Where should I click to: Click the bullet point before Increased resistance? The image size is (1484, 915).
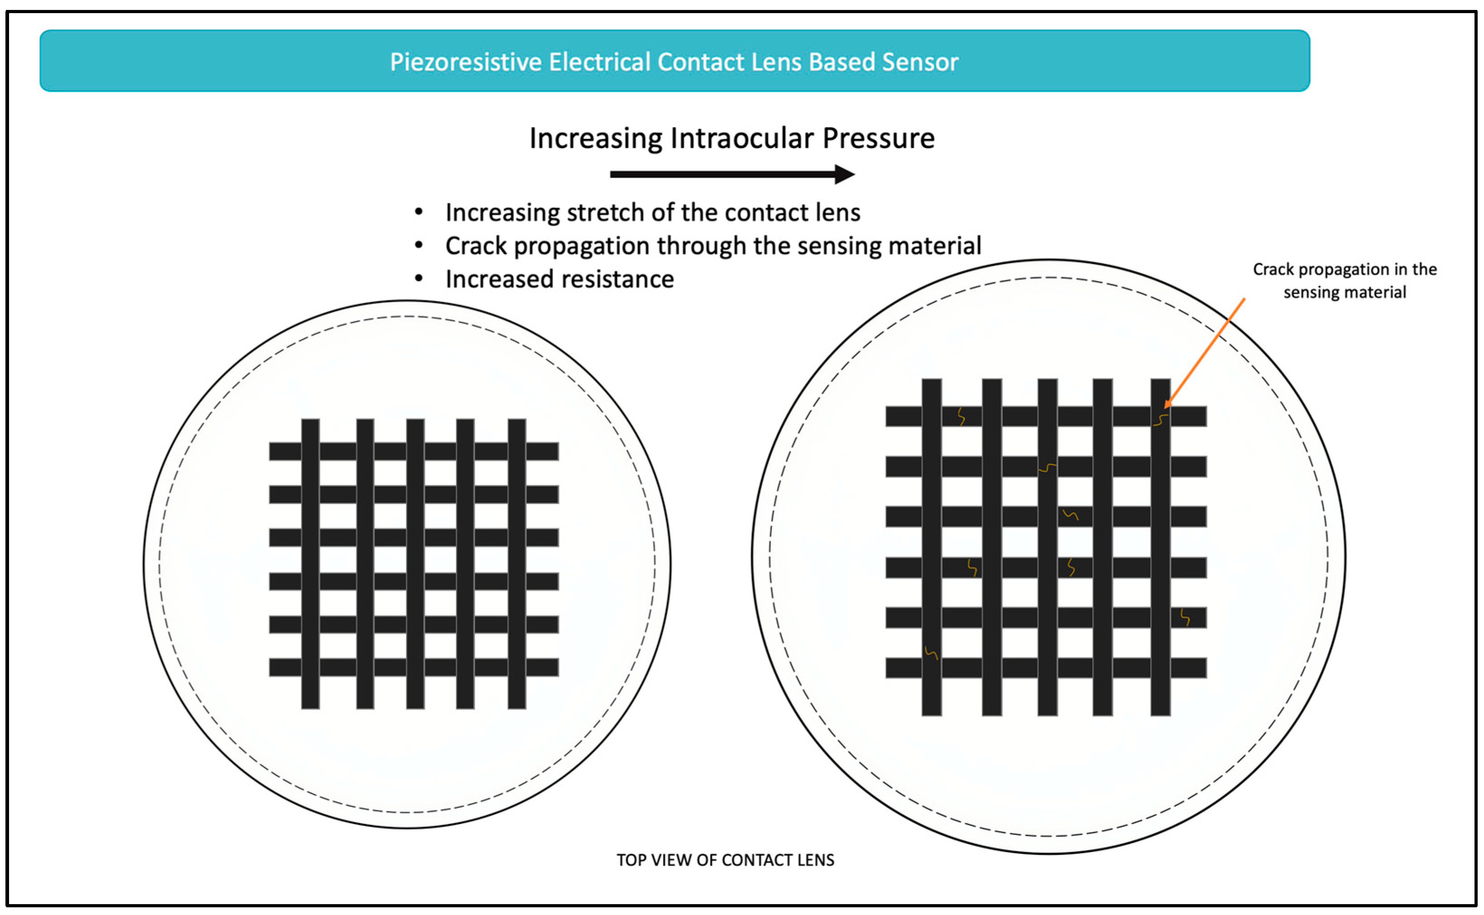pyautogui.click(x=419, y=278)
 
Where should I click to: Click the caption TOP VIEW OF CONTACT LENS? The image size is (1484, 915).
pyautogui.click(x=725, y=860)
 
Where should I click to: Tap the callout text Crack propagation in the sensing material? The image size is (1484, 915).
pyautogui.click(x=1344, y=281)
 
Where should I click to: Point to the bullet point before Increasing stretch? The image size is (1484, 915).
pyautogui.click(x=419, y=212)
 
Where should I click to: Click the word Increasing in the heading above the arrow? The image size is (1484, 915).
pyautogui.click(x=595, y=138)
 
